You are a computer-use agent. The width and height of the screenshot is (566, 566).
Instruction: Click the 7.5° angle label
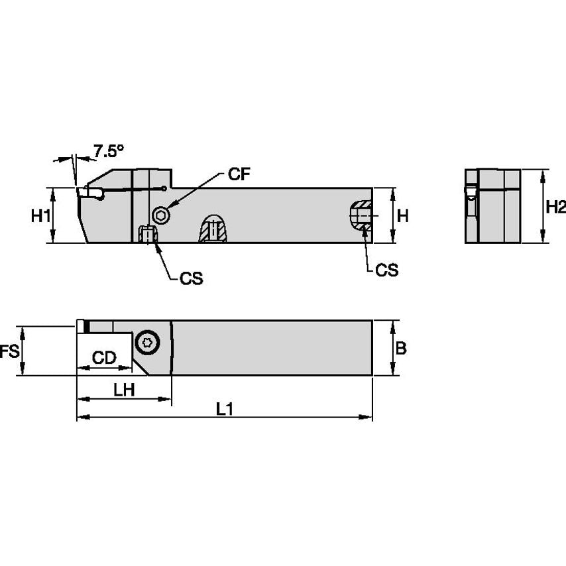click(108, 151)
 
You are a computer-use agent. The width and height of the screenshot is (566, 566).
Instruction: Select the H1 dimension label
click(41, 215)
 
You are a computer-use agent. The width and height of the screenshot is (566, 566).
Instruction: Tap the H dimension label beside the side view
click(402, 215)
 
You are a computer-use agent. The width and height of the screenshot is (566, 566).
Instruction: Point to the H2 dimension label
click(555, 207)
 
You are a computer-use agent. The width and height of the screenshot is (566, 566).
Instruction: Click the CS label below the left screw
click(191, 279)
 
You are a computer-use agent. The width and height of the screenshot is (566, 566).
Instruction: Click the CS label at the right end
click(387, 270)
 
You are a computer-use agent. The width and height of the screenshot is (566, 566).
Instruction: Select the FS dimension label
click(9, 351)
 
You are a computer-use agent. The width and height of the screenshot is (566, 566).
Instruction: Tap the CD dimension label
click(104, 359)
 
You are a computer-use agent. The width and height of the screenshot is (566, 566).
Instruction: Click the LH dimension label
click(124, 390)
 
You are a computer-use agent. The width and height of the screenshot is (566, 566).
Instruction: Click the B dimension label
click(401, 349)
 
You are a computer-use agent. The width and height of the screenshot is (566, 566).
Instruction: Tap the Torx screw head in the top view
click(146, 343)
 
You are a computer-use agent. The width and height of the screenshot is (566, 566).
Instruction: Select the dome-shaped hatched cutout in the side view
click(213, 229)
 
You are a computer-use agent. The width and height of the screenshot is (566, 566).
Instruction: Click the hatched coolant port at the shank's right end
click(361, 215)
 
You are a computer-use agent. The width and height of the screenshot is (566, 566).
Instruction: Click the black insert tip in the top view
click(86, 326)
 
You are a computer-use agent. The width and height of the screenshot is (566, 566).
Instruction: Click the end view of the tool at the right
click(492, 206)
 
